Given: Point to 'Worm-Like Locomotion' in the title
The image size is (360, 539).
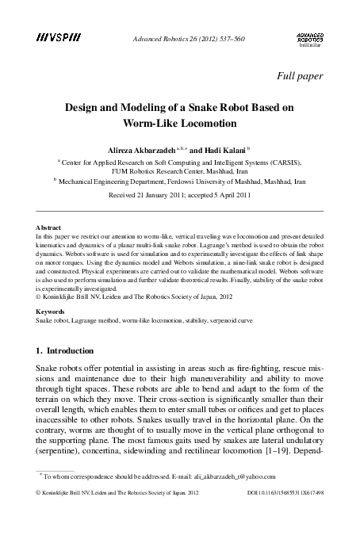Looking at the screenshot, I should (180, 124).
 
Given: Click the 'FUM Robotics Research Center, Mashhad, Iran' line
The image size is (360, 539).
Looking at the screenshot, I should (180, 170).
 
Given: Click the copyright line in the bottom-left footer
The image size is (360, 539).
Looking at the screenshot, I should (113, 492).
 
